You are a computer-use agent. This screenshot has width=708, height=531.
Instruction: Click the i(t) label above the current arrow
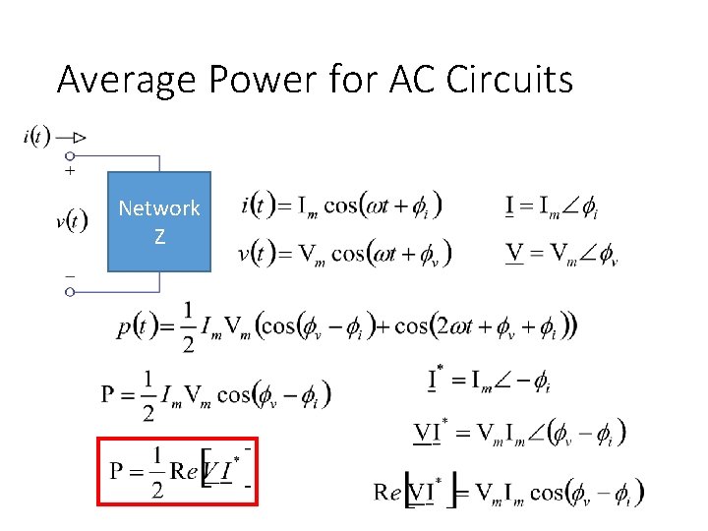click(36, 136)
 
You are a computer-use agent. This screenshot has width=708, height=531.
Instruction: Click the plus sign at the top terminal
click(70, 171)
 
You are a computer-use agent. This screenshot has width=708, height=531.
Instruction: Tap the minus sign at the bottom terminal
click(70, 276)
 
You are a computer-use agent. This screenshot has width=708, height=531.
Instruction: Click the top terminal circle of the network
click(70, 155)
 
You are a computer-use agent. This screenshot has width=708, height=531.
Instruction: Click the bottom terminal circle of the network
click(70, 292)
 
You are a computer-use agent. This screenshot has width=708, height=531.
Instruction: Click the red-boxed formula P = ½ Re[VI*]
click(177, 471)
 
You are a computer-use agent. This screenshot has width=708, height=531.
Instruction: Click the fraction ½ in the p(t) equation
click(188, 326)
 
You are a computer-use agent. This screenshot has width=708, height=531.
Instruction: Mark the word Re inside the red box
click(184, 470)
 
